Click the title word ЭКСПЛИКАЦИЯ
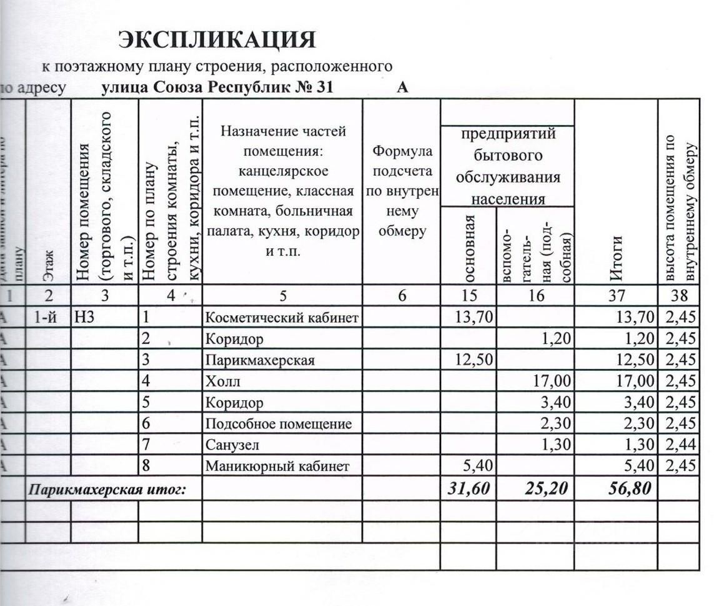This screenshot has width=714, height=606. (217, 40)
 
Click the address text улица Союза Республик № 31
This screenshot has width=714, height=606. (217, 88)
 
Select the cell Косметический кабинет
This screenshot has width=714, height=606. (282, 318)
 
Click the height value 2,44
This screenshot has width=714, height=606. (680, 445)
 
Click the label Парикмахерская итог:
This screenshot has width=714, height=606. (107, 490)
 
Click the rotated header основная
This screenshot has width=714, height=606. (470, 247)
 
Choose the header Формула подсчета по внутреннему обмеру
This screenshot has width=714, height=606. (402, 191)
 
